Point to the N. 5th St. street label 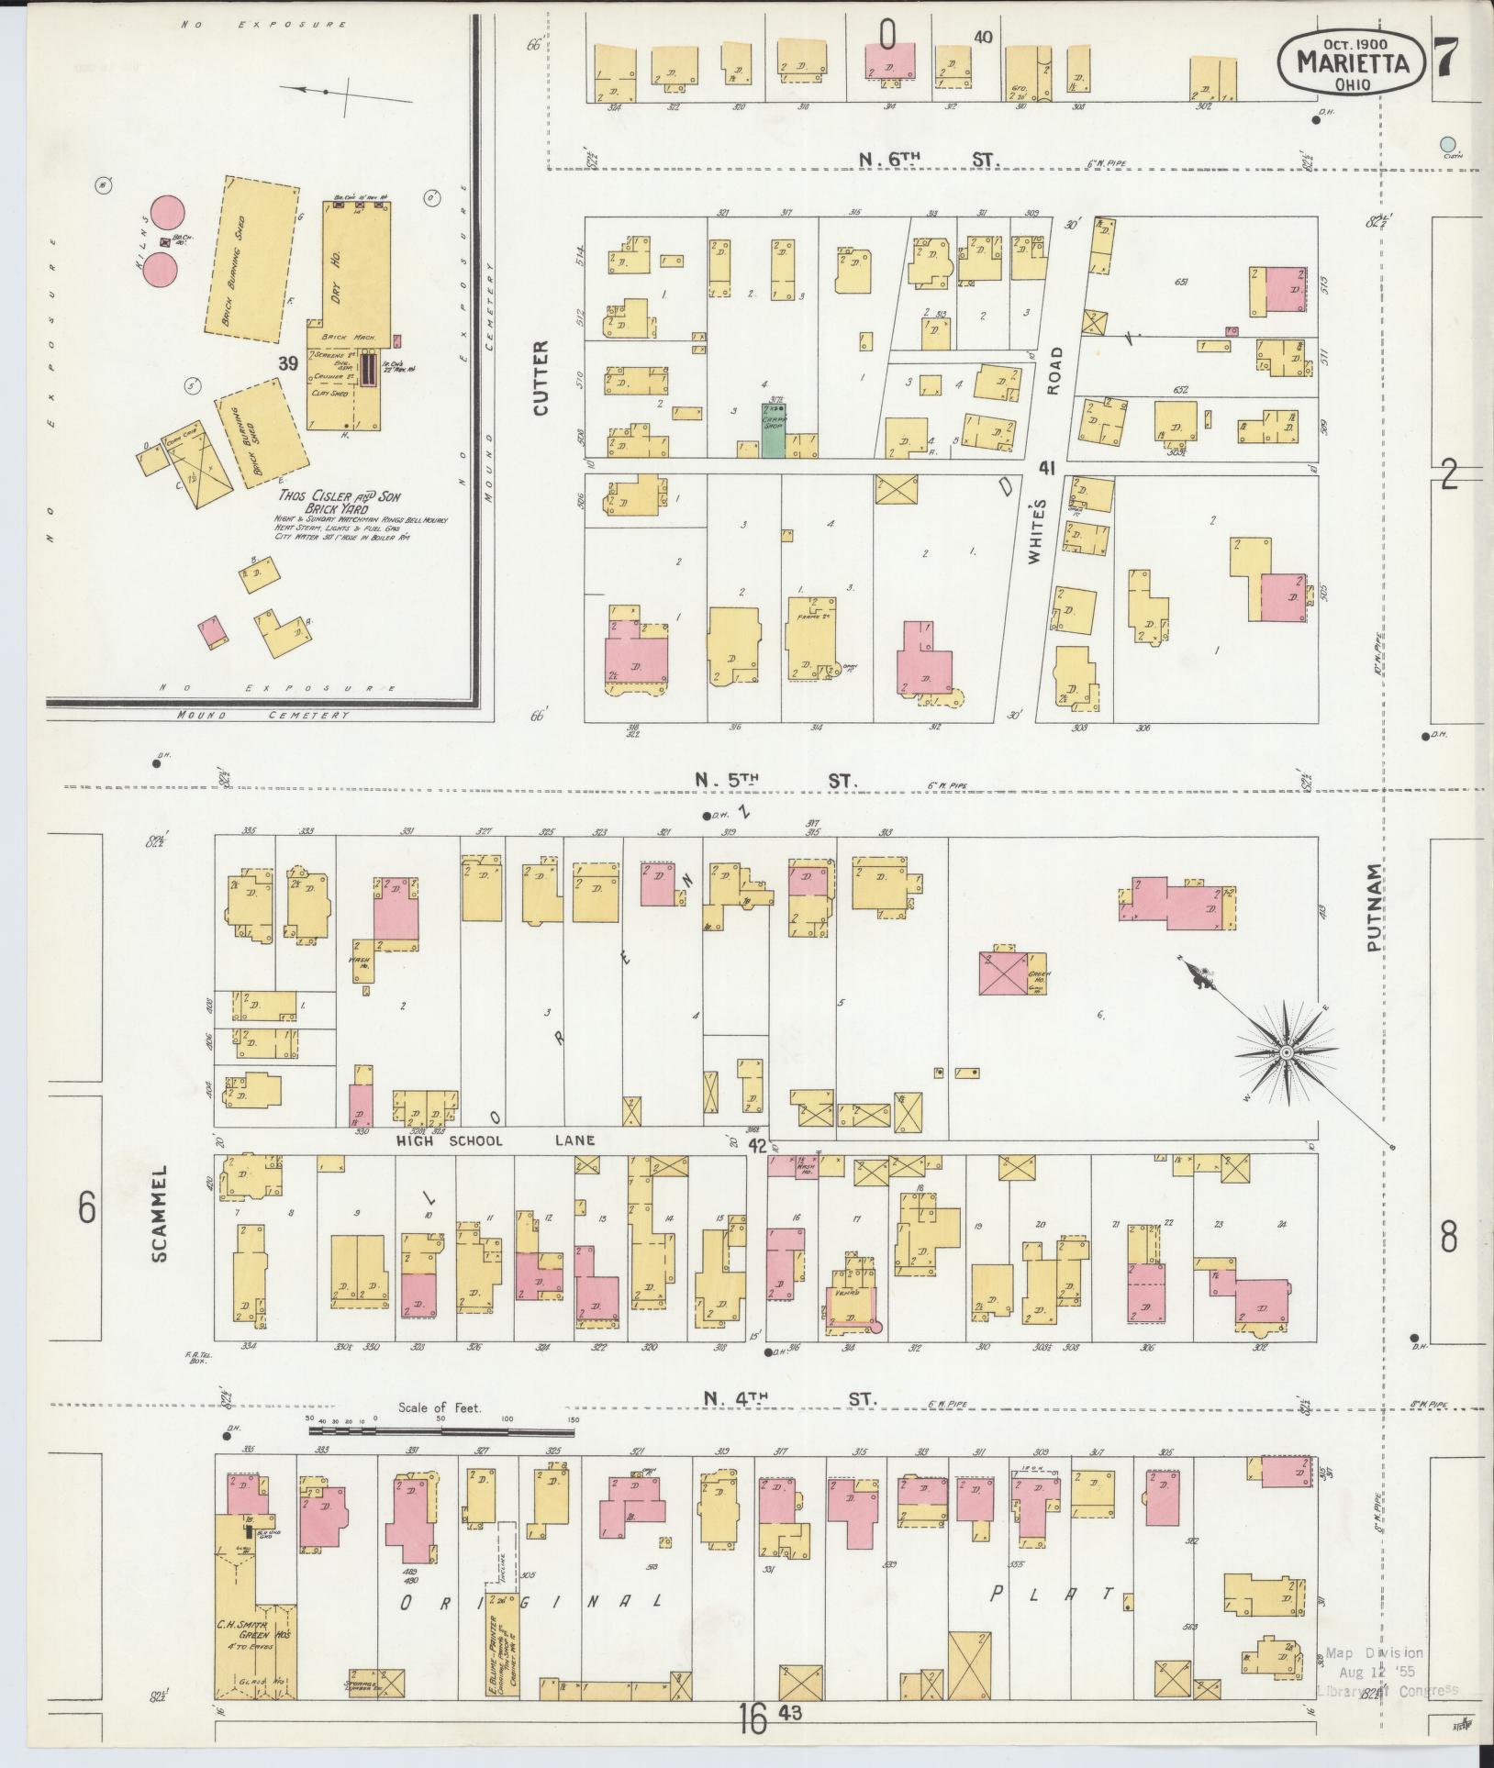click(x=775, y=781)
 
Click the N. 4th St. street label click(x=790, y=1399)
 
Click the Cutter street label click(x=540, y=378)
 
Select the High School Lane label click(x=496, y=1140)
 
